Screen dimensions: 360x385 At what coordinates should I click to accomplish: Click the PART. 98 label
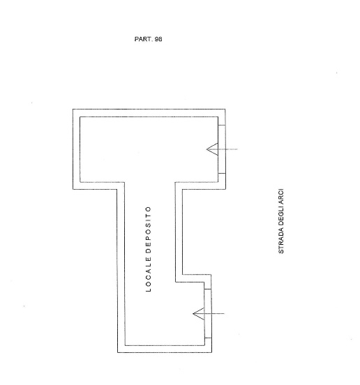[x=149, y=39]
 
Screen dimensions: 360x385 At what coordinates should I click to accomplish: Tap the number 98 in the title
[x=158, y=39]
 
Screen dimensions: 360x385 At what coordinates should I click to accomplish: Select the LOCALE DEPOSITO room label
[x=149, y=249]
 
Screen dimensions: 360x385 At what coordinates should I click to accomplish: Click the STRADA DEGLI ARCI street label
[x=281, y=221]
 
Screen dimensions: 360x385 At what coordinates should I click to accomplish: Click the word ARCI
[x=281, y=195]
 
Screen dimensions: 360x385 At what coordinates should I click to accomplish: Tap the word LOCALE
[x=149, y=275]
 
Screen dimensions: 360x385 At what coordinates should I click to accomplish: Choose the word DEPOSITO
[x=149, y=230]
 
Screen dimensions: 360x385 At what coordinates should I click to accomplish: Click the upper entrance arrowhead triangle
[x=213, y=149]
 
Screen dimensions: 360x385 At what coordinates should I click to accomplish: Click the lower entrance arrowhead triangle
[x=199, y=314]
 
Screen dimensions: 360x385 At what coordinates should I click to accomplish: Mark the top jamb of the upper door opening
[x=222, y=126]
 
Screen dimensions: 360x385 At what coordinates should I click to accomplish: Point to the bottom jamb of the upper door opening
[x=222, y=173]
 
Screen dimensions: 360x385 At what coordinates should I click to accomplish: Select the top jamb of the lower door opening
[x=208, y=289]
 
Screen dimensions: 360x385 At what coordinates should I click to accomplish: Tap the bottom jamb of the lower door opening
[x=208, y=338]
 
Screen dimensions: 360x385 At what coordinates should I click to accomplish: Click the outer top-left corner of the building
[x=73, y=110]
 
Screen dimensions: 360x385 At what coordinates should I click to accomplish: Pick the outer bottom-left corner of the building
[x=118, y=353]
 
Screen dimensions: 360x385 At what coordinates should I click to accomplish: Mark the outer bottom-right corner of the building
[x=211, y=353]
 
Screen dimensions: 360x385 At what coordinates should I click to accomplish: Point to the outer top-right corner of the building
[x=225, y=110]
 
